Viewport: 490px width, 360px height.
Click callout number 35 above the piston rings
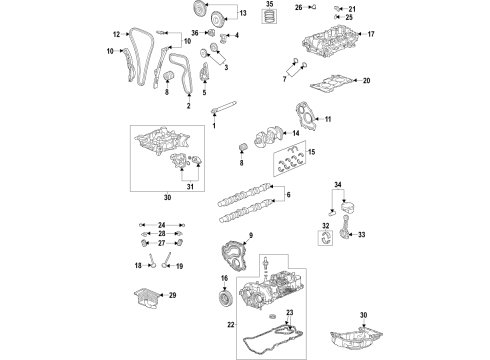click(x=268, y=5)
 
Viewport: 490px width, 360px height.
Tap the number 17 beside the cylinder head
click(x=370, y=35)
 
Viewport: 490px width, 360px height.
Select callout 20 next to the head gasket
click(x=366, y=80)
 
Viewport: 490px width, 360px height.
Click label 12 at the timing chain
click(x=116, y=33)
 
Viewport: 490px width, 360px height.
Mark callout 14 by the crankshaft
click(x=295, y=133)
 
